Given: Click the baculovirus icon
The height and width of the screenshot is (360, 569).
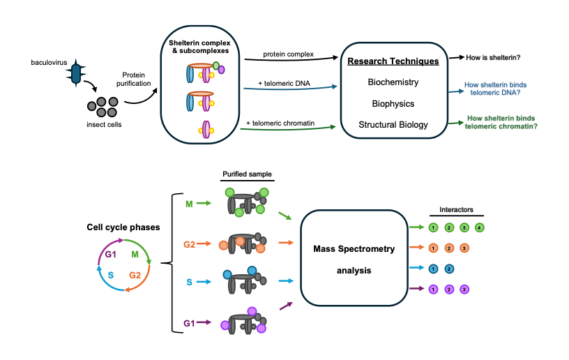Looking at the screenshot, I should [77, 72].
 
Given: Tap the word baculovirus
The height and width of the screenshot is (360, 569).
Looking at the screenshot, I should [47, 63].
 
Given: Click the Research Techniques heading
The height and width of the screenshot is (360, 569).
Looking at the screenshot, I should [393, 61].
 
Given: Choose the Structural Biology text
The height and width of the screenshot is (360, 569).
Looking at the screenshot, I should [393, 125].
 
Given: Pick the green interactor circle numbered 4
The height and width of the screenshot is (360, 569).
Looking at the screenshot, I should [480, 227].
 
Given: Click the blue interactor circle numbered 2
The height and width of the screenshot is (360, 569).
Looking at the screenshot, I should [449, 268].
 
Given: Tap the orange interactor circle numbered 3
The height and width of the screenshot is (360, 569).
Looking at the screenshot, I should [464, 248].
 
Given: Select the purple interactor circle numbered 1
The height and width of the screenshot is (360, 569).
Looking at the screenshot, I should [433, 289].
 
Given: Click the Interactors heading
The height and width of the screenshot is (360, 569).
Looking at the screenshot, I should [456, 210].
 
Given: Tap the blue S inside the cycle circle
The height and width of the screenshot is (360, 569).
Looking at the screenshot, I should [112, 276].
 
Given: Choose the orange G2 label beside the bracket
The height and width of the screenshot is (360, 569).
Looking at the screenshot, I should [189, 245].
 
